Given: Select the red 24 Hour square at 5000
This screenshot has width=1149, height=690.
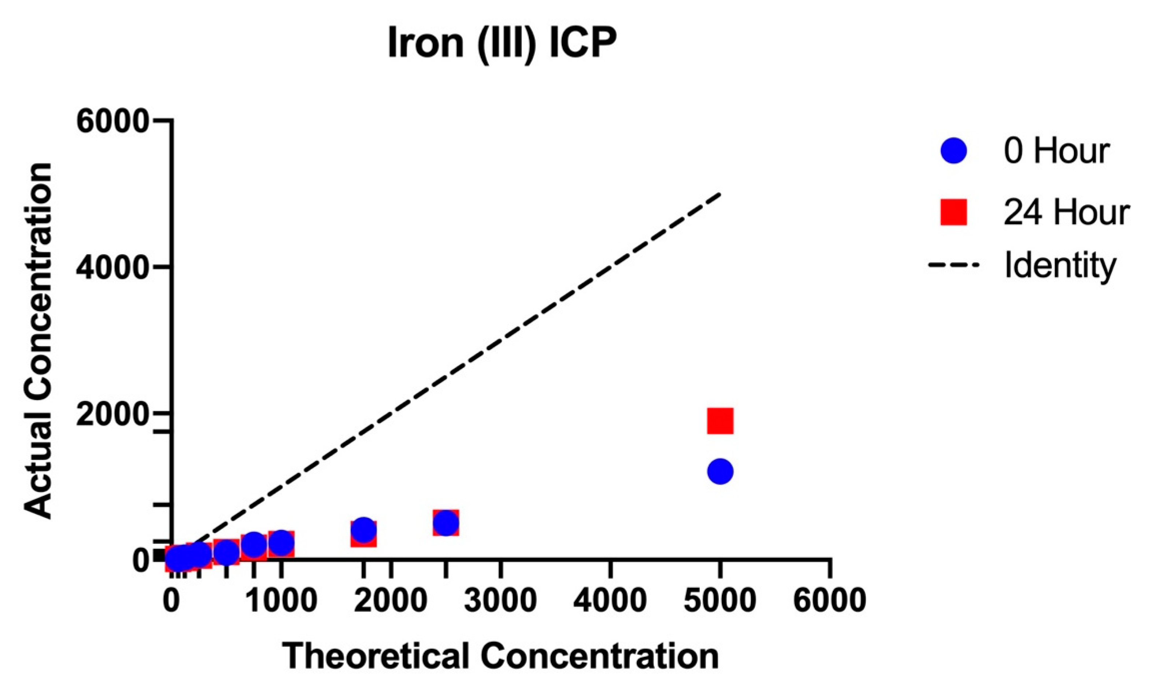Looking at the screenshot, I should [720, 421].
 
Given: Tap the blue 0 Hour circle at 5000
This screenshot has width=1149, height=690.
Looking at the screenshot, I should [720, 471].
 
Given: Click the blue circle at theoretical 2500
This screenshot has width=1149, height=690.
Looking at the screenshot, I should [446, 523].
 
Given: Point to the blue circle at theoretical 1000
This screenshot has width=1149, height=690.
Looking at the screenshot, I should [281, 542].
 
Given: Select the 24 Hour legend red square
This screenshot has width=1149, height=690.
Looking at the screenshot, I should [953, 212].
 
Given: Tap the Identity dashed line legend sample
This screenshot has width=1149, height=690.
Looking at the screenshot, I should [953, 266].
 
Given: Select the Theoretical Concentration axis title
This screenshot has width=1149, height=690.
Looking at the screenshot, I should [501, 656].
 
